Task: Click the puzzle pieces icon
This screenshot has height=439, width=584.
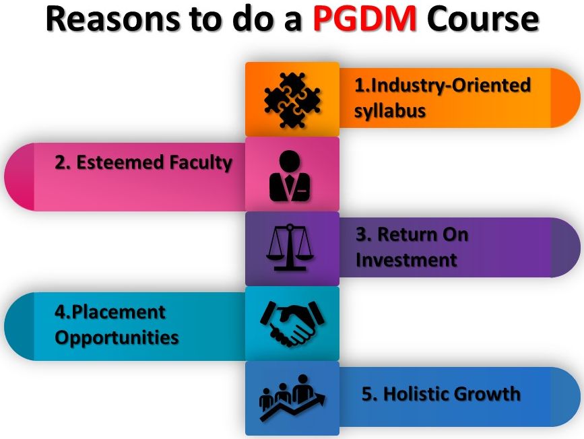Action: (292, 100)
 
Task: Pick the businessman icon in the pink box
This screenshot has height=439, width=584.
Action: (290, 176)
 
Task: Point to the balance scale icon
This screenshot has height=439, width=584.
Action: (290, 247)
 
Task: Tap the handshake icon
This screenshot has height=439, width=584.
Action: (292, 324)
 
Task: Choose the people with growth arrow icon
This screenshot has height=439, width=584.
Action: (292, 398)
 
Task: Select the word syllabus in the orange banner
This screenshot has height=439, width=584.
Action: (389, 111)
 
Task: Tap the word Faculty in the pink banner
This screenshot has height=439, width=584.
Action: (201, 163)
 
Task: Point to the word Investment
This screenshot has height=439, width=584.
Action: (406, 260)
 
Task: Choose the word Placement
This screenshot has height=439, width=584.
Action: (119, 312)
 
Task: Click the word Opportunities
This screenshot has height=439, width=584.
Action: (117, 338)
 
